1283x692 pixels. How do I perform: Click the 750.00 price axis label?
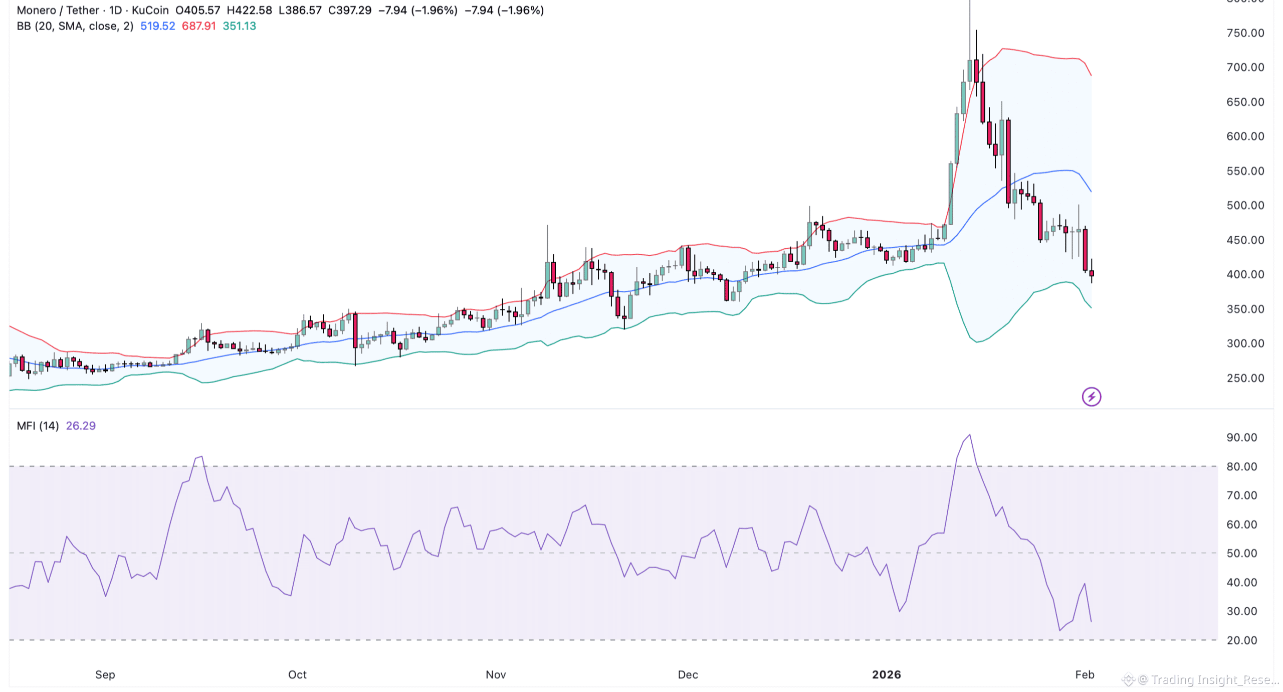1245,33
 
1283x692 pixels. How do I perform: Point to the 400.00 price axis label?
1245,274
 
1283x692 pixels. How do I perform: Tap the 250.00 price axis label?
1245,378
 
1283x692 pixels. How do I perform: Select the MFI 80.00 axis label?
1241,466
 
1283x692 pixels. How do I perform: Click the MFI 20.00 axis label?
1241,640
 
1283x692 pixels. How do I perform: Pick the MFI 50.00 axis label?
1241,553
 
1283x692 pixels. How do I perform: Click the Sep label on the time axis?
105,674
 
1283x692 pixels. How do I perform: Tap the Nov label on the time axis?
496,674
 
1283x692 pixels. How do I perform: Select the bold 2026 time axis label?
886,674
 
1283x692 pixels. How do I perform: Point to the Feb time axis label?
1085,674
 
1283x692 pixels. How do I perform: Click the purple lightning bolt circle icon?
1091,397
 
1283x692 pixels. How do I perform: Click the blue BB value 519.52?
157,26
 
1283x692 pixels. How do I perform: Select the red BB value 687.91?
198,26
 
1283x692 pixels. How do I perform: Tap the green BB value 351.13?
239,26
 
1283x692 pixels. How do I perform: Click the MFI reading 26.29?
81,426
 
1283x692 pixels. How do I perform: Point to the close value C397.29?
349,10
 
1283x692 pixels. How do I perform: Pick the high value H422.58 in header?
249,10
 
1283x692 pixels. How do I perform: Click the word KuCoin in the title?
150,10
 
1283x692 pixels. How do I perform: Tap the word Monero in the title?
36,10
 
